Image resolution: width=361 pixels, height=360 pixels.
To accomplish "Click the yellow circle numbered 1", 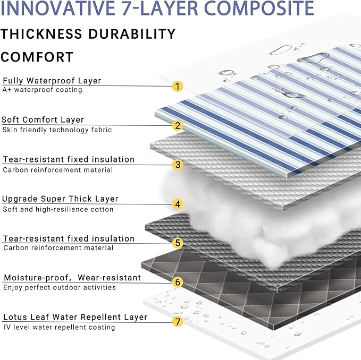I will click(178, 86).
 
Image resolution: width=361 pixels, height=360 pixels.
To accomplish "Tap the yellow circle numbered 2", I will click(178, 126).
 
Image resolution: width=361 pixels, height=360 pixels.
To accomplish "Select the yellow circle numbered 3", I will click(178, 165).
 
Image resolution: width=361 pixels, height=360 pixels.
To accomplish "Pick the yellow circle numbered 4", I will click(178, 204).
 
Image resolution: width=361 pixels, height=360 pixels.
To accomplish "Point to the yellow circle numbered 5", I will click(178, 243).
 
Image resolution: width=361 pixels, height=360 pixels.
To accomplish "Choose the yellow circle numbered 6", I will click(178, 282).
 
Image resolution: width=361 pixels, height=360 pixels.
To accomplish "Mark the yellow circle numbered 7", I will click(178, 321).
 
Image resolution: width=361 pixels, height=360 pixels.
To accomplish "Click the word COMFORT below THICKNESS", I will click(37, 57).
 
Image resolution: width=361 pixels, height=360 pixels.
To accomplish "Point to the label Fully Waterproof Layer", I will click(52, 81).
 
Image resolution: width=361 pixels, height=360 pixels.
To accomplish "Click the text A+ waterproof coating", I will click(43, 90).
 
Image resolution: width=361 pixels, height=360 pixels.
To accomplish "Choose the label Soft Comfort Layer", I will click(43, 120).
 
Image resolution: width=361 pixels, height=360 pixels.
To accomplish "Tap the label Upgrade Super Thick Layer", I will click(60, 199).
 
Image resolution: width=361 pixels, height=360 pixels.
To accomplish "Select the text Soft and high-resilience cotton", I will click(58, 209).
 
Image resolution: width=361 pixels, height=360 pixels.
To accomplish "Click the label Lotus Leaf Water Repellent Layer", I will click(75, 317).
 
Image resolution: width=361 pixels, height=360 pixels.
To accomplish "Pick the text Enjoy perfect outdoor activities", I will click(60, 287).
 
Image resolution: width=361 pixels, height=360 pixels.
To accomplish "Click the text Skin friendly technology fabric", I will click(57, 130).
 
